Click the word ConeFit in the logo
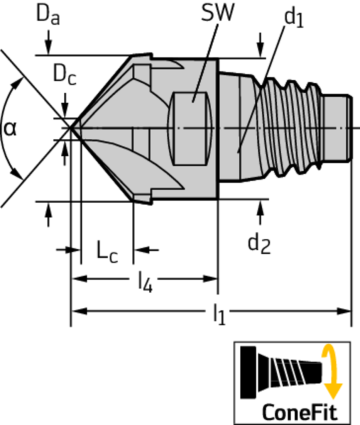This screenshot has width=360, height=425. [294, 411]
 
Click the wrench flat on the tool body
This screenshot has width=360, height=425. [193, 111]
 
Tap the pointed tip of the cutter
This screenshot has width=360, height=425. [73, 127]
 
